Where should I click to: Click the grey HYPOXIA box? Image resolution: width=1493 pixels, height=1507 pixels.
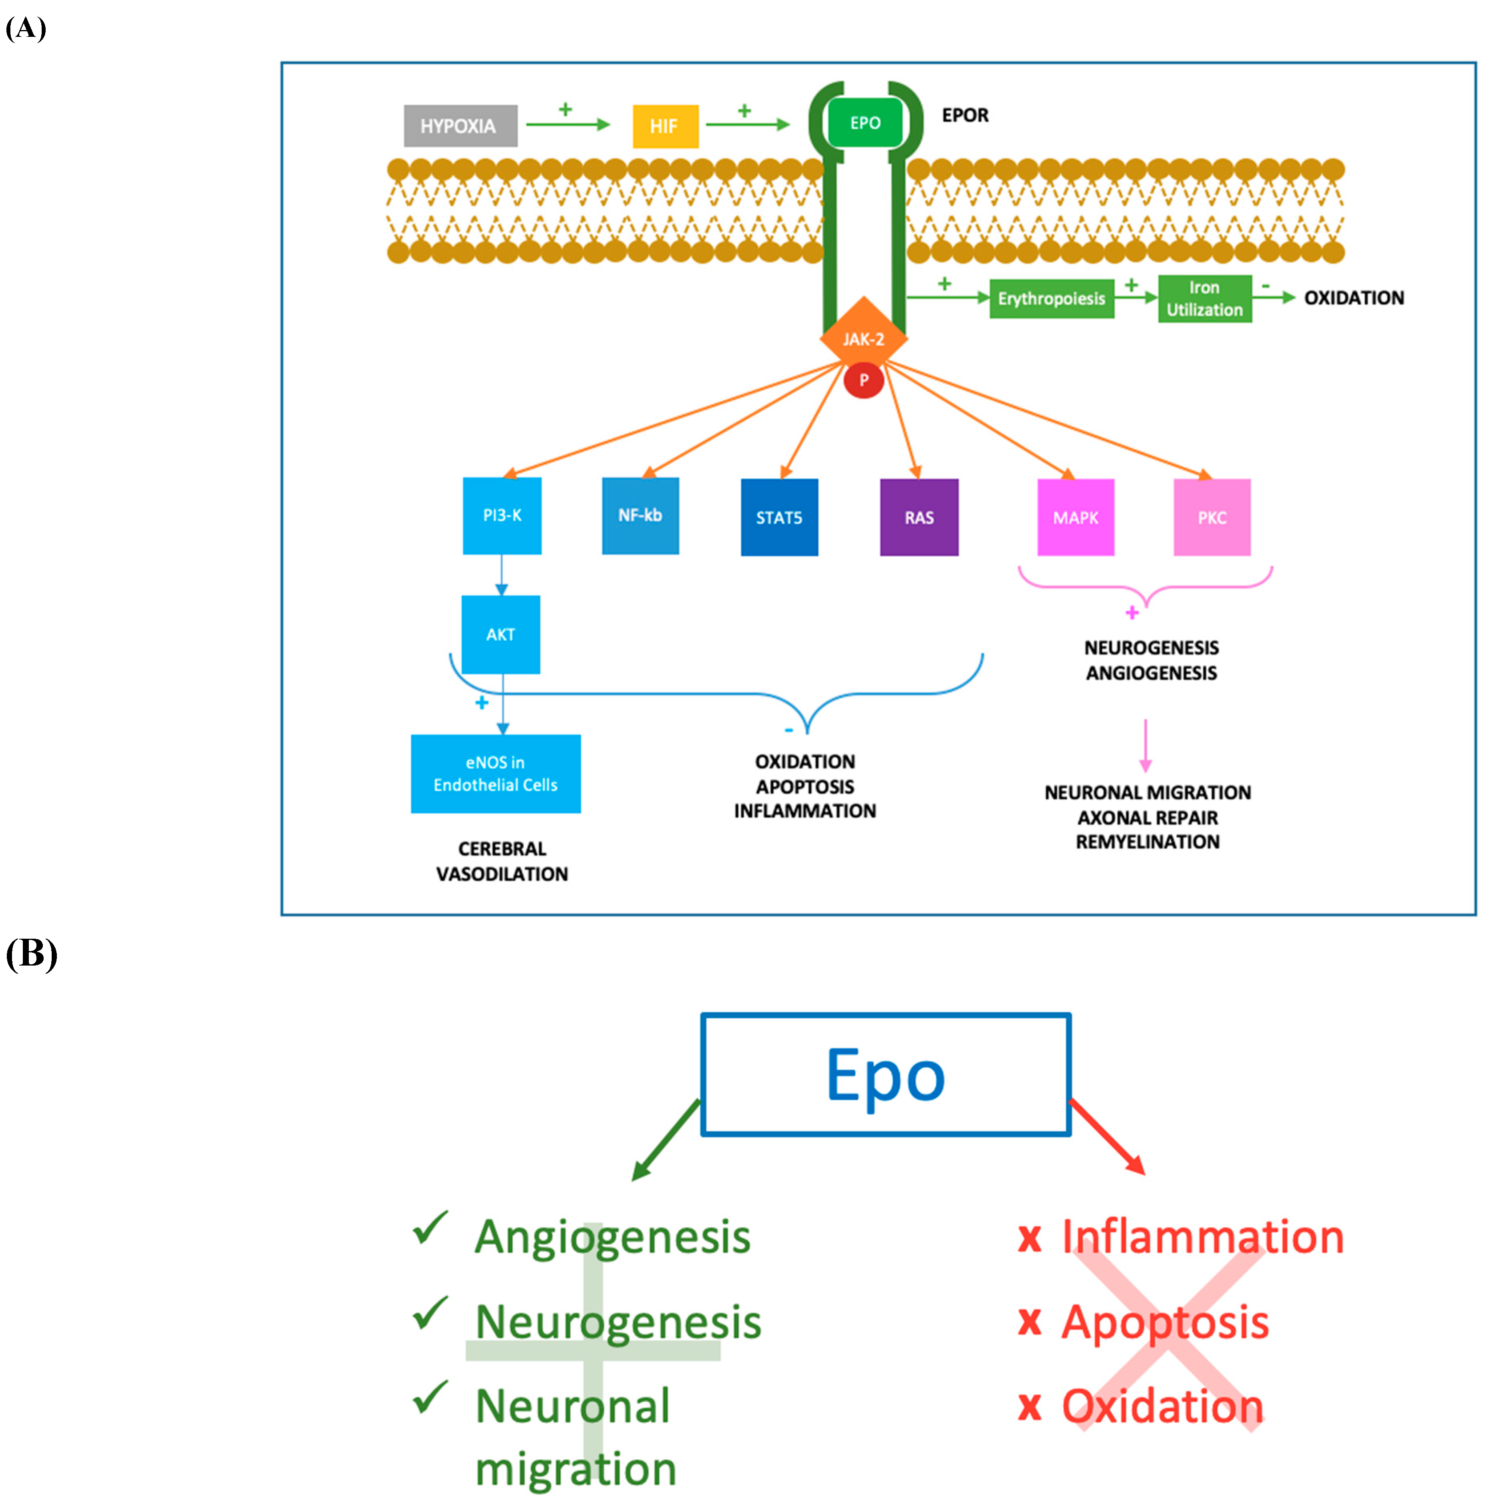[x=459, y=126]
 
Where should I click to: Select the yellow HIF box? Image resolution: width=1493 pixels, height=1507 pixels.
[x=664, y=126]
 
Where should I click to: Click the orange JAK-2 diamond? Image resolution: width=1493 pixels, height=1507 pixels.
[x=863, y=338]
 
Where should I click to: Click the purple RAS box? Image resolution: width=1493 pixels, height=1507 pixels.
[x=918, y=517]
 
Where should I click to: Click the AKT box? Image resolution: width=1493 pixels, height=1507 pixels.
[x=500, y=634]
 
